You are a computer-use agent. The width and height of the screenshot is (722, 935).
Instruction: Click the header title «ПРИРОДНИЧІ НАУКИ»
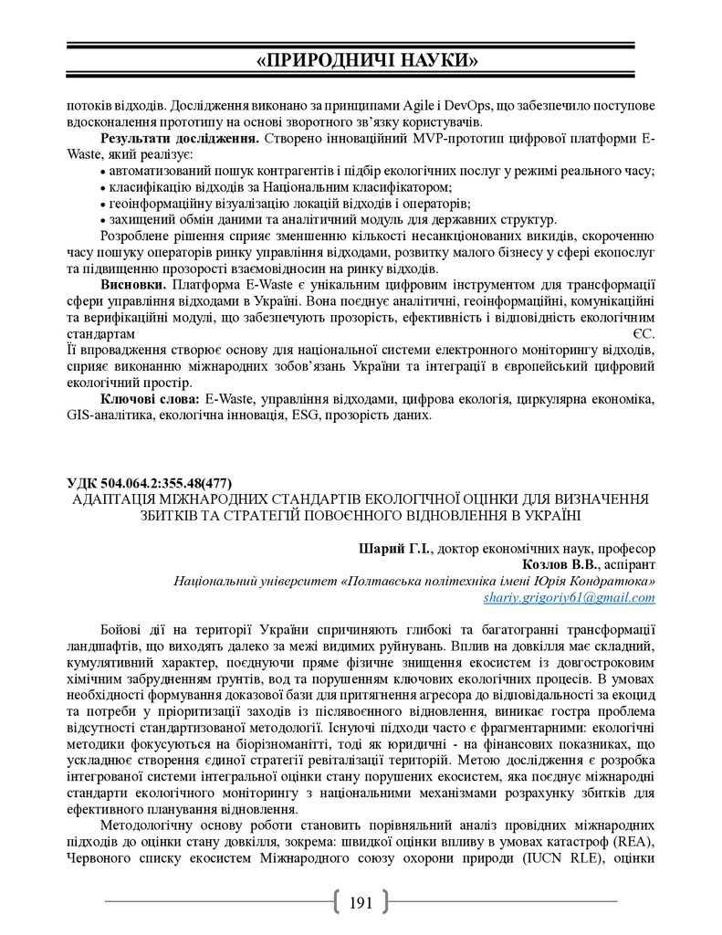tap(367, 61)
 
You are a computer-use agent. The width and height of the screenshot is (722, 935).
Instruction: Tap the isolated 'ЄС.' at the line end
tap(644, 334)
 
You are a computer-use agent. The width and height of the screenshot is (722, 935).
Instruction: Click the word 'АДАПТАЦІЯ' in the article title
tap(119, 499)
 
